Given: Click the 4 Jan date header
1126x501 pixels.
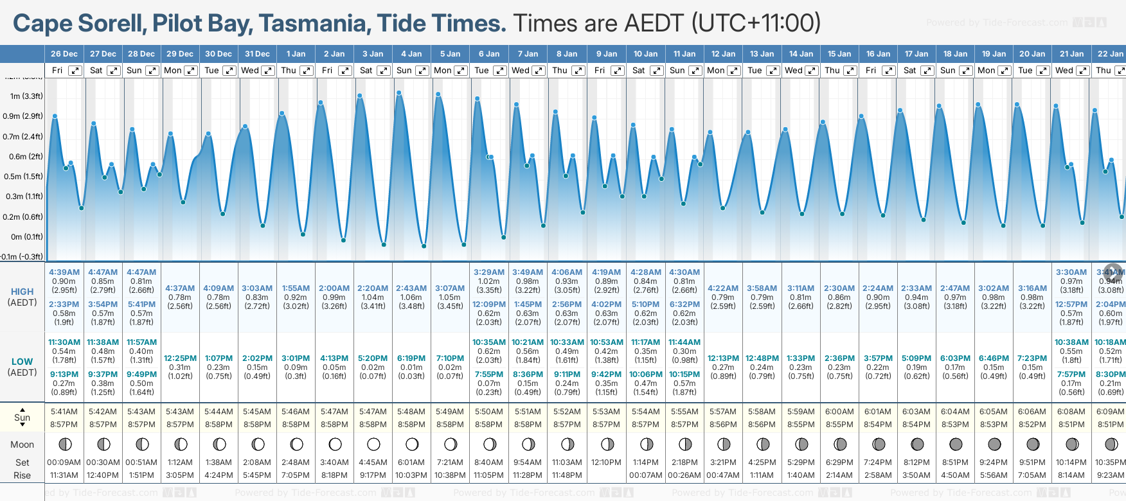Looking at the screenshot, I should [412, 54].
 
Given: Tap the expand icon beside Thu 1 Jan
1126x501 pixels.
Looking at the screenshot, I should [307, 71].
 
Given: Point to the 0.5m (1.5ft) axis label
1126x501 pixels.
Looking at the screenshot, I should [22, 177].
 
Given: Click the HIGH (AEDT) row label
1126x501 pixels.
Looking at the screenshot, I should [22, 297].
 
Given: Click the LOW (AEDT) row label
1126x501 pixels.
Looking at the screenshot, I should [22, 367].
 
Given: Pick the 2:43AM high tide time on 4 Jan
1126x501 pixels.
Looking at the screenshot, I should [411, 288].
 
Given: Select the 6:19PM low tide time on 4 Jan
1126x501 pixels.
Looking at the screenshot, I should [411, 358].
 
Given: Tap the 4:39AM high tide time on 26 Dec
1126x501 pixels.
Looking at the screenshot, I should [64, 272].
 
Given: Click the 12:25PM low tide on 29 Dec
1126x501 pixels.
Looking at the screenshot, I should [180, 358].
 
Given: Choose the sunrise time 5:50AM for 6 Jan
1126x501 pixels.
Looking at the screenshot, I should [488, 412].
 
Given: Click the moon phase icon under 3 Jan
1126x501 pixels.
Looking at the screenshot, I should [373, 444].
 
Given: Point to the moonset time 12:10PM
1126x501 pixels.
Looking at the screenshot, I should [606, 462].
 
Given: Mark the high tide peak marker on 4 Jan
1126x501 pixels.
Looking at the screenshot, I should [399, 93].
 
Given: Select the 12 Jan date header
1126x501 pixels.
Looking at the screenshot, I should [724, 54].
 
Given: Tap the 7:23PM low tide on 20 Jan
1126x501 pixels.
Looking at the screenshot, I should [1032, 358].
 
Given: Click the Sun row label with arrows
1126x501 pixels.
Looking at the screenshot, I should [22, 417].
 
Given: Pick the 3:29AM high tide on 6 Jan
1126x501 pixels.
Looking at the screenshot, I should [488, 272].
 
